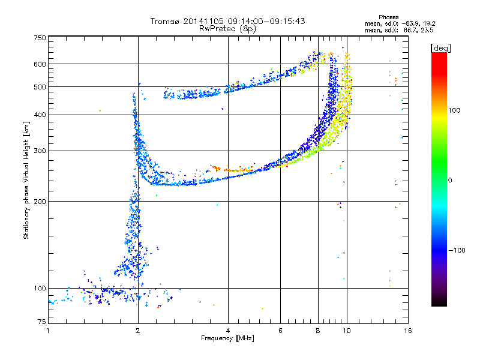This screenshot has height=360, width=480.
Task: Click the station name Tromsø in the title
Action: pos(166,21)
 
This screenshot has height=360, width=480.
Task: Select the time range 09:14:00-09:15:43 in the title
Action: pos(266,21)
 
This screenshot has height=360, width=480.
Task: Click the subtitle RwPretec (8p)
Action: pos(227,29)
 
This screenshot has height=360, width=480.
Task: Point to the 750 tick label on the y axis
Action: pos(40,38)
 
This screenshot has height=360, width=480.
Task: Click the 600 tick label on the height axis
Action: pos(40,64)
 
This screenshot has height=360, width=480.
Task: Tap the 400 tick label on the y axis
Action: pos(40,115)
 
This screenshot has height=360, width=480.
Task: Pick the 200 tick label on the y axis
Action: pos(40,201)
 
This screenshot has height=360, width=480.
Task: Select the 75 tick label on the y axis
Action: pos(42,322)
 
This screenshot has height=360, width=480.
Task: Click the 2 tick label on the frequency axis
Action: pos(138,331)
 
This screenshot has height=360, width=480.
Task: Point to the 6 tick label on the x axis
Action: pos(280,331)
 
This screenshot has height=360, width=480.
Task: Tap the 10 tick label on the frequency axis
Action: pos(347,331)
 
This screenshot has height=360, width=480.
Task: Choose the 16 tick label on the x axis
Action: pos(408,331)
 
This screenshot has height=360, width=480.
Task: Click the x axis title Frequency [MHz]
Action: pos(227,338)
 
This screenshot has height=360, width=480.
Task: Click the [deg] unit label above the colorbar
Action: pos(440,48)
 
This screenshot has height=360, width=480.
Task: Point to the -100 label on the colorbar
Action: pos(457,250)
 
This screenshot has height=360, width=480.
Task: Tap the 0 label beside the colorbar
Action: pos(449,180)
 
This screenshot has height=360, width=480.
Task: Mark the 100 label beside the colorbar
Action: pos(454,110)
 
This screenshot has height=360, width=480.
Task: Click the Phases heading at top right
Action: pos(388,17)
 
